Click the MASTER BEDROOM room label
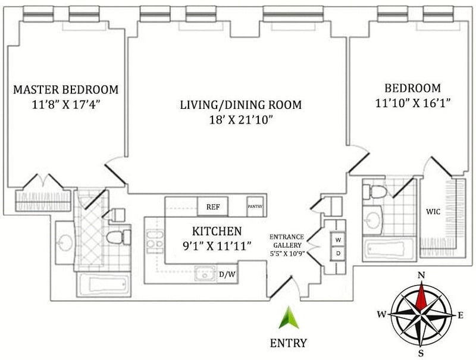pos(66,89)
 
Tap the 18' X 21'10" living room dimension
pos(240,121)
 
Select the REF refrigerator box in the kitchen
pos(213,206)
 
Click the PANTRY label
pos(255,206)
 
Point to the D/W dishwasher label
pos(227,274)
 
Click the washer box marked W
pos(338,240)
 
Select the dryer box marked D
pos(338,253)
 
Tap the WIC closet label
pos(433,212)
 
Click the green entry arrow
pos(289,318)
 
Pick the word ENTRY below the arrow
pos(289,343)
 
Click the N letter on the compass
pos(421,276)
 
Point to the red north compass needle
pos(421,296)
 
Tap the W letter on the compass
pos(381,314)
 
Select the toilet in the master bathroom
pos(118,237)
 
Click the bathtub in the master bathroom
pos(104,284)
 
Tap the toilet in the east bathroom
pos(375,192)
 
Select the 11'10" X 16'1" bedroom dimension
pos(412,104)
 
